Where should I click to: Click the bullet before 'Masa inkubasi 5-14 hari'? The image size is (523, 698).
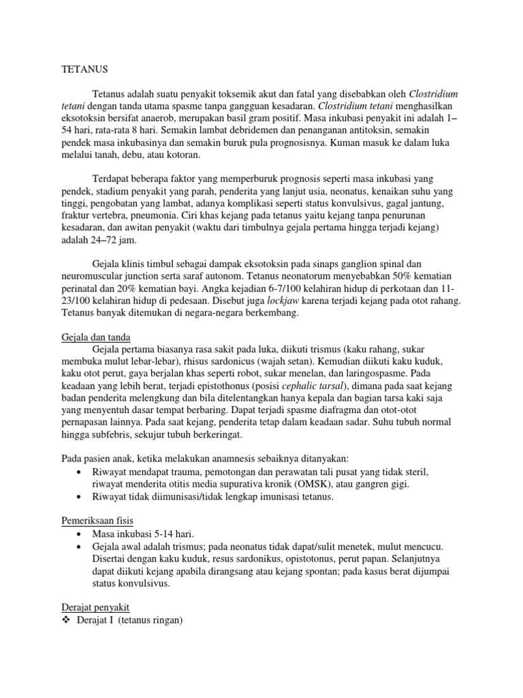(81, 534)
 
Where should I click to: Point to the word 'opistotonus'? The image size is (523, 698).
(284, 559)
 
